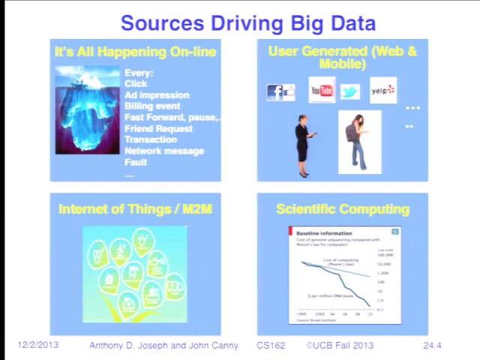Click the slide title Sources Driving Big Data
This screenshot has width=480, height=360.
247,22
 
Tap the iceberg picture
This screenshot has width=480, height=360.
87,110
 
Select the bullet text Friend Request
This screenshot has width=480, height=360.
158,128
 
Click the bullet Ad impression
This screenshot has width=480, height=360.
157,95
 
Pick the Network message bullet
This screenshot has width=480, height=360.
163,151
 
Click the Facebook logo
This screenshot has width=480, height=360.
275,91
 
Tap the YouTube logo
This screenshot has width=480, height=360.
322,91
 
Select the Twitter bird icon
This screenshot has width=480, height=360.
350,91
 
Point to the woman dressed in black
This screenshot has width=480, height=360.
303,145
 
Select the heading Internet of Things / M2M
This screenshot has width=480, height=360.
135,209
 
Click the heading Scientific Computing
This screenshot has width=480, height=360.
343,209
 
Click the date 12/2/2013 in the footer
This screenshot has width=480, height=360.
37,345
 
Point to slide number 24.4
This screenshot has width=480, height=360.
433,345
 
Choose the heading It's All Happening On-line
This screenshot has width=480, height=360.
135,52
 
